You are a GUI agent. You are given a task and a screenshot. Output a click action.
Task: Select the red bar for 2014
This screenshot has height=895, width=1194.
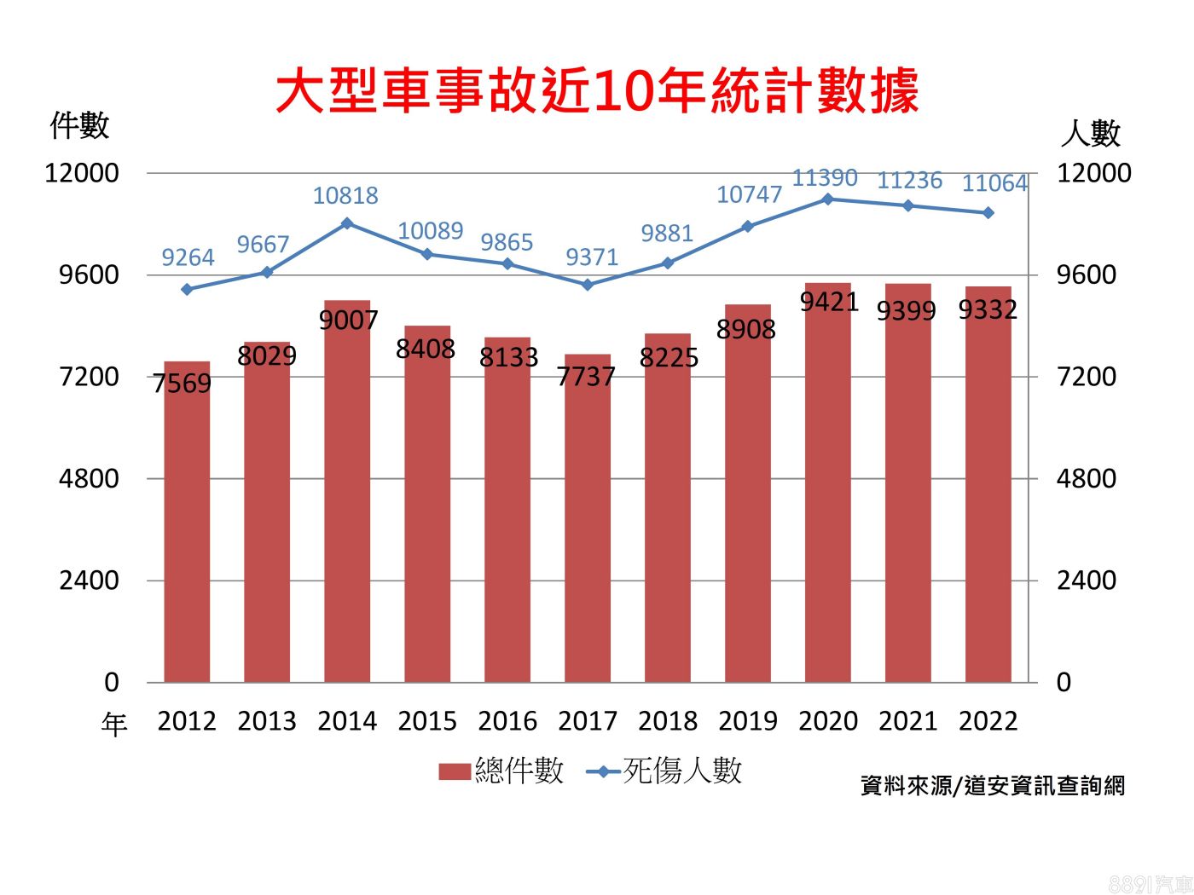(347, 494)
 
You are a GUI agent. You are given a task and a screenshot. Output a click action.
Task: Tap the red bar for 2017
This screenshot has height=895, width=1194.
(588, 520)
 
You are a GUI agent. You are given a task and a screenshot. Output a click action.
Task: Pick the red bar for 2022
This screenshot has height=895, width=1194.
(988, 486)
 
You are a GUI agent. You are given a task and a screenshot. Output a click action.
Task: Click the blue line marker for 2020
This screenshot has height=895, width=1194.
(828, 199)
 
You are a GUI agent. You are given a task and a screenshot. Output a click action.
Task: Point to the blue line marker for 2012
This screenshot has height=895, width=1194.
(187, 289)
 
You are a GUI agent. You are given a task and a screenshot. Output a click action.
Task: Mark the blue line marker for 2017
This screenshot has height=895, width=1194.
(588, 284)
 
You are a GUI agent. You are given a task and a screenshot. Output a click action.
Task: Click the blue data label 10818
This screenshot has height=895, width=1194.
(345, 196)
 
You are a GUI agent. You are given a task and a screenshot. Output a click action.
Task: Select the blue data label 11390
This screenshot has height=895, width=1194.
(825, 178)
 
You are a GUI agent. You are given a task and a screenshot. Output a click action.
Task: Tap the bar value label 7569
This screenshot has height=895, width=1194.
(183, 384)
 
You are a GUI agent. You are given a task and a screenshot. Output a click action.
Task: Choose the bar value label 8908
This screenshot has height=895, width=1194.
(746, 329)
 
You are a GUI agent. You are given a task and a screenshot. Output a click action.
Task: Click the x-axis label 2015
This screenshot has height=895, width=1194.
(427, 721)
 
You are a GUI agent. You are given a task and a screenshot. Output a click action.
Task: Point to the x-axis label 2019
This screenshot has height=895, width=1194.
(748, 721)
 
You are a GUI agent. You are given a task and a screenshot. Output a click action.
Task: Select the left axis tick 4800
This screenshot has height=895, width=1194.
(89, 478)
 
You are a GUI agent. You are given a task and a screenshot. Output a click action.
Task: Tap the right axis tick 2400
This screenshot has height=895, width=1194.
(1087, 580)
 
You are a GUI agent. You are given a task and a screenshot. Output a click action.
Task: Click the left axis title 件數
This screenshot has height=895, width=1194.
(80, 125)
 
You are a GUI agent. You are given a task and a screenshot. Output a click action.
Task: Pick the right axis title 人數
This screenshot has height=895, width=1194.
(1090, 133)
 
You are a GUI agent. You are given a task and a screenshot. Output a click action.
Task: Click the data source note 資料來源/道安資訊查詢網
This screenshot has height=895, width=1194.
(993, 785)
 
